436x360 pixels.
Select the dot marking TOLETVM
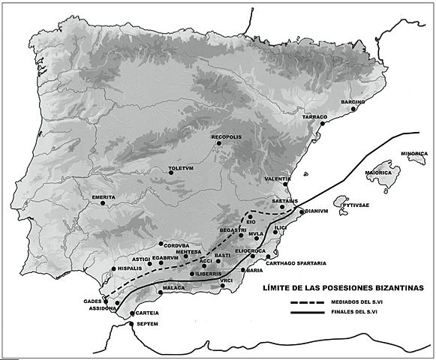coord(172,172)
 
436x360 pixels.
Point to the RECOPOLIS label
coord(226,137)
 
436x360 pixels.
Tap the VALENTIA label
coord(278,179)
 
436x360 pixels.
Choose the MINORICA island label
coord(413,153)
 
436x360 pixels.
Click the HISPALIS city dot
coord(114,268)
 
